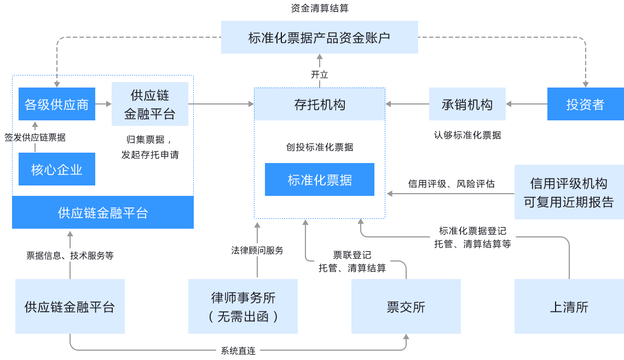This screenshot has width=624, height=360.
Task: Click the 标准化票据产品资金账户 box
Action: point(319,37)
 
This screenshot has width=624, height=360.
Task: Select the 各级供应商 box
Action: point(56,104)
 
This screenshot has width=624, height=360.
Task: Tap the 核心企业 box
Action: point(56,170)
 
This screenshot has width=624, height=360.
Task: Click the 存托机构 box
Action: point(320,104)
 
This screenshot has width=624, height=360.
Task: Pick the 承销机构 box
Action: point(467,104)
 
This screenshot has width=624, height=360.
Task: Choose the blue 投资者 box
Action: point(585,104)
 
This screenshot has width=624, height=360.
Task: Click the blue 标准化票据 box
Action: point(320,179)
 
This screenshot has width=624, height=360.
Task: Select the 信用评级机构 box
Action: point(569,192)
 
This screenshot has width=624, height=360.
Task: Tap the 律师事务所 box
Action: point(243,306)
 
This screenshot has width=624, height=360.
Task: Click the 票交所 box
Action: point(406,306)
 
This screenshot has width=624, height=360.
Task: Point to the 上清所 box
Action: point(569,306)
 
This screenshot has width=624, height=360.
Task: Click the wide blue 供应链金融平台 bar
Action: point(103,212)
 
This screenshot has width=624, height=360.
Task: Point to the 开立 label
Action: point(320,74)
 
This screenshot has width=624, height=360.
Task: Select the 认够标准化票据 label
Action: point(467,135)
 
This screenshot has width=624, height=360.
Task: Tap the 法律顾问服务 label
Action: point(257,251)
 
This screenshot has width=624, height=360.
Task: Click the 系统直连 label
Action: point(238,351)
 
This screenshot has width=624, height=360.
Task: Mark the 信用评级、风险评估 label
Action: point(451,184)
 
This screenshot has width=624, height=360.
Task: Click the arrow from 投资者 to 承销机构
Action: point(527,104)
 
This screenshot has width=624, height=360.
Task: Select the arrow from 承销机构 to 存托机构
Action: point(407,104)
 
